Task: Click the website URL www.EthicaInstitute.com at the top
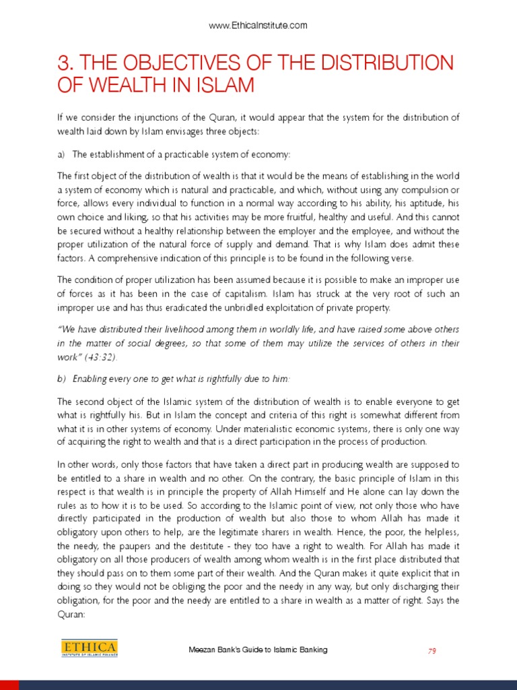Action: [x=258, y=26]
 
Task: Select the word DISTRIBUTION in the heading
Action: [x=392, y=64]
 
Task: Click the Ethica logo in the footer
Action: [x=88, y=649]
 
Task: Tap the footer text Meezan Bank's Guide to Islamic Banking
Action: [x=258, y=650]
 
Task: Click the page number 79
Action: [x=433, y=650]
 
